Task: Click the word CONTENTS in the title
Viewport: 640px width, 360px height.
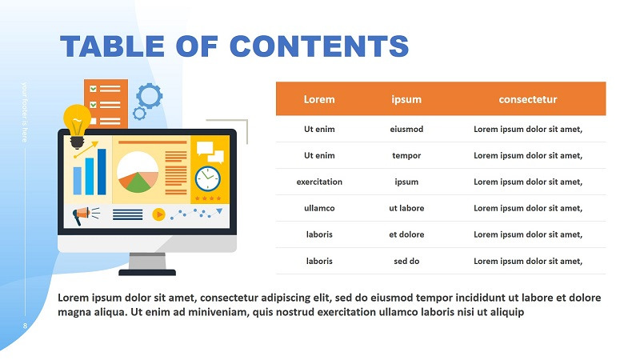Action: [319, 46]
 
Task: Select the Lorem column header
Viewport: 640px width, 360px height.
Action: [319, 99]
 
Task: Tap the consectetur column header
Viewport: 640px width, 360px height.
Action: [527, 99]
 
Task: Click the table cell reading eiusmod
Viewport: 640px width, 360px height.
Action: [406, 129]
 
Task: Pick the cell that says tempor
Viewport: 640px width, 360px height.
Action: [406, 155]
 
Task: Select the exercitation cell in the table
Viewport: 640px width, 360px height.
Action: [319, 182]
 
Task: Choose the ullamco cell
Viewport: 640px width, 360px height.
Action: [319, 208]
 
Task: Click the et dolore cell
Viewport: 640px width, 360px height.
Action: [406, 234]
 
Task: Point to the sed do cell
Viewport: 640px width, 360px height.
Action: [406, 261]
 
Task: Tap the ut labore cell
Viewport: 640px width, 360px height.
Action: [406, 208]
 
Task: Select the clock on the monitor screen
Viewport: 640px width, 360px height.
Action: [207, 178]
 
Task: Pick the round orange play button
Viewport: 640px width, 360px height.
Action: [158, 214]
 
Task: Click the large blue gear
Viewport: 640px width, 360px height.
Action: [149, 96]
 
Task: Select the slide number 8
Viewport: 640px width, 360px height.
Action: [25, 326]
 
